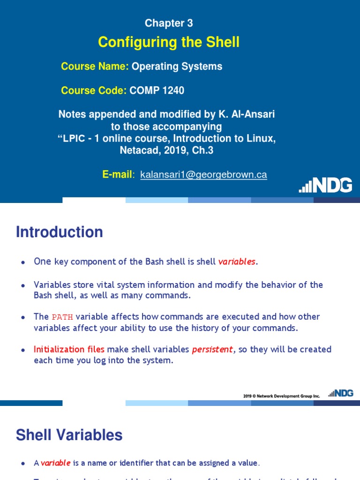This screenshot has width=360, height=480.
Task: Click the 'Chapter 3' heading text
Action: tap(169, 23)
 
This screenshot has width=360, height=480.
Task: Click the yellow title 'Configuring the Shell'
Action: tap(169, 42)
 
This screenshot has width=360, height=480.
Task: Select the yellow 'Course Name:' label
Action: tap(95, 67)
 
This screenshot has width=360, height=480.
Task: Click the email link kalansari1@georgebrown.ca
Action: tap(203, 175)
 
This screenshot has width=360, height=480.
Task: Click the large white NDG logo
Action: tap(326, 185)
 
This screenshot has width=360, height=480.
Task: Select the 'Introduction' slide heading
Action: tap(60, 232)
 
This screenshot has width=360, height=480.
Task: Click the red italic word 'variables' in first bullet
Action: tap(237, 262)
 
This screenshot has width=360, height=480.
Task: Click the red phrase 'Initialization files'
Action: tap(69, 349)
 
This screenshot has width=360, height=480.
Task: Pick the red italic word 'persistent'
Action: tap(212, 349)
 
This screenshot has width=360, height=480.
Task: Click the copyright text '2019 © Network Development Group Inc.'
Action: tap(281, 396)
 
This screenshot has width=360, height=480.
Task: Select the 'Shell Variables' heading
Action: tap(69, 435)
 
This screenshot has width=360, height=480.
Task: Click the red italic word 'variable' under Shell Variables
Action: tap(55, 463)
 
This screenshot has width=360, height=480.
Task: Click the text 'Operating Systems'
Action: tap(177, 67)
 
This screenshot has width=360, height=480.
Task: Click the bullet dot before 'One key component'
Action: tap(22, 262)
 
